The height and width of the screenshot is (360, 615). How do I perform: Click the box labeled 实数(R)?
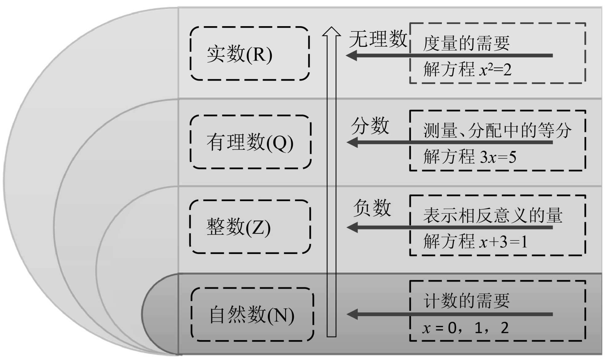[x=250, y=54]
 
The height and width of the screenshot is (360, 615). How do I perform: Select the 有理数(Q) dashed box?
[x=251, y=142]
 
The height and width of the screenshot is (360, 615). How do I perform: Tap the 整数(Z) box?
[x=250, y=227]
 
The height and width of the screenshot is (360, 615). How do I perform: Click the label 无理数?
[x=378, y=39]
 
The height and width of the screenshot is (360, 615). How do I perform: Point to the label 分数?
[x=370, y=126]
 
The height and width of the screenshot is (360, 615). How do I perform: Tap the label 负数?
[x=372, y=208]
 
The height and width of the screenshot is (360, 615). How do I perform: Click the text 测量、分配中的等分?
[x=497, y=130]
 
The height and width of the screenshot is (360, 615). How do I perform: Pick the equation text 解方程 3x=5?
[x=470, y=157]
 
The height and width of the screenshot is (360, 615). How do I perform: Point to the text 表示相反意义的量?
[x=493, y=215]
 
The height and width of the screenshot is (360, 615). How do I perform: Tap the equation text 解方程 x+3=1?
[x=475, y=242]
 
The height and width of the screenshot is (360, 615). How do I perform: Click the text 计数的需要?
[x=466, y=300]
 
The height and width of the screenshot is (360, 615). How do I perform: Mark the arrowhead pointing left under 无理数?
[x=352, y=56]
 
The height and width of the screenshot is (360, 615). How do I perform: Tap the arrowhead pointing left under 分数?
[x=352, y=142]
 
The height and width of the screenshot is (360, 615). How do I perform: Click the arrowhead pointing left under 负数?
[x=352, y=227]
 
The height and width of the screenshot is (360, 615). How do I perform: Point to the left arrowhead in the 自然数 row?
[x=352, y=314]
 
